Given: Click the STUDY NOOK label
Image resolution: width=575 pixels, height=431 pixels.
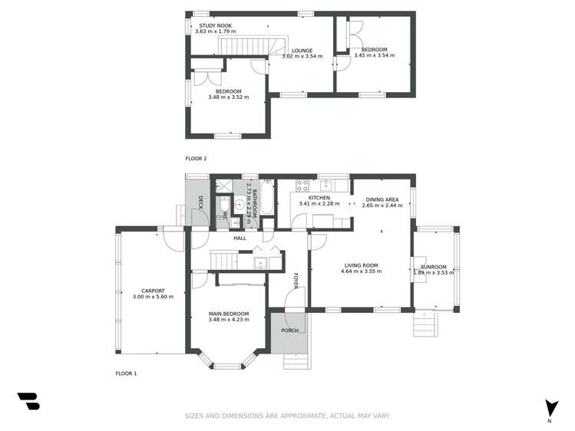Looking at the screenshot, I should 213,25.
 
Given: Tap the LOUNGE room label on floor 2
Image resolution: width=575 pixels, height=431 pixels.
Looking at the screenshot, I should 302,51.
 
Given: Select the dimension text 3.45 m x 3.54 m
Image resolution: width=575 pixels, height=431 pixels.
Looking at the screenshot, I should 374,55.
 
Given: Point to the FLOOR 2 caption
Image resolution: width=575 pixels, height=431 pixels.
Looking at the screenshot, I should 196,159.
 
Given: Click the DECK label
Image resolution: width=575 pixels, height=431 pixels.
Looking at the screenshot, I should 200,202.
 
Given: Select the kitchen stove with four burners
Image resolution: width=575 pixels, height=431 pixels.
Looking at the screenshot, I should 302,184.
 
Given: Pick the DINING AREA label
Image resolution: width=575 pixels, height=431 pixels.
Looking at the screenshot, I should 382,199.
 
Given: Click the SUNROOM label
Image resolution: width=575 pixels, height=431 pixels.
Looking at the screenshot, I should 434,266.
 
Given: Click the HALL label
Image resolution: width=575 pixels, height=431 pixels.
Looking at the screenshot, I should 240,239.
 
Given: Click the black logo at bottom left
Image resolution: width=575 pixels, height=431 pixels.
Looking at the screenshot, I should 28,401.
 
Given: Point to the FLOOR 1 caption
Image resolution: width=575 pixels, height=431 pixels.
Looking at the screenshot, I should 126,373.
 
